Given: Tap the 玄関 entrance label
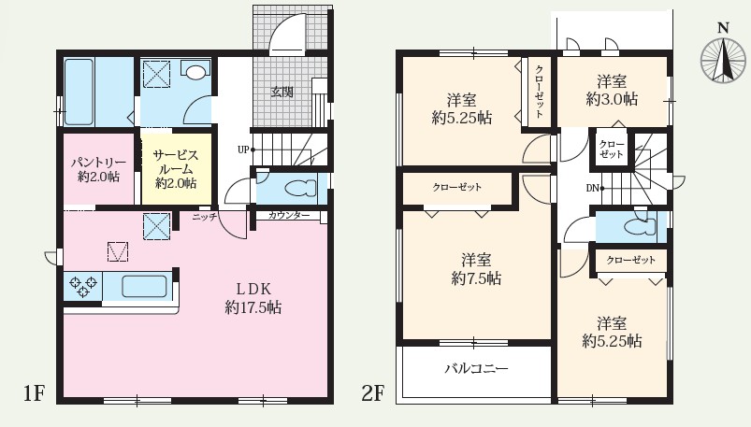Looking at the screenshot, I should point(282,92).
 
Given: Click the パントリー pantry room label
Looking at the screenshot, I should point(98,169).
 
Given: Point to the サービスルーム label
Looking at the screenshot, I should point(176,169).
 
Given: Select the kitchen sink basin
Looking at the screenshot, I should point(144,286).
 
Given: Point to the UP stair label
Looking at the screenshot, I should point(243,149).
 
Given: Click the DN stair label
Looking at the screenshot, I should point(592,188).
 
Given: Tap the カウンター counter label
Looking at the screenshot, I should point(289,216).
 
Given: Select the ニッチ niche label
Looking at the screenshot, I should point(205,217).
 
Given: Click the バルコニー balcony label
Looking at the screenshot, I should point(476,368).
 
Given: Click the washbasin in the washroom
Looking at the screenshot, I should point(195,72).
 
